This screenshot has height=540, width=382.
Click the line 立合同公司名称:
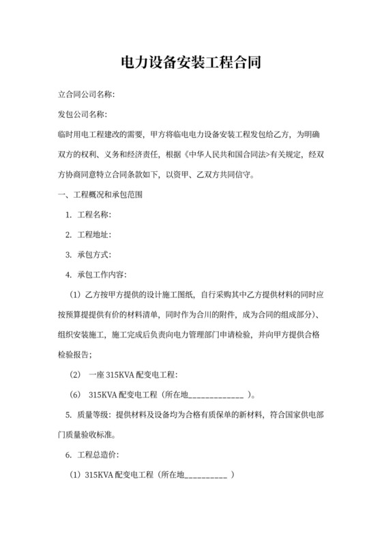tap(85, 93)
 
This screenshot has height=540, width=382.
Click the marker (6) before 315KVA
tap(75, 395)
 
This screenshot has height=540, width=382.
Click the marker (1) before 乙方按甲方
tap(75, 295)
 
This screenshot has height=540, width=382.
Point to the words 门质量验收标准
tap(87, 434)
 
